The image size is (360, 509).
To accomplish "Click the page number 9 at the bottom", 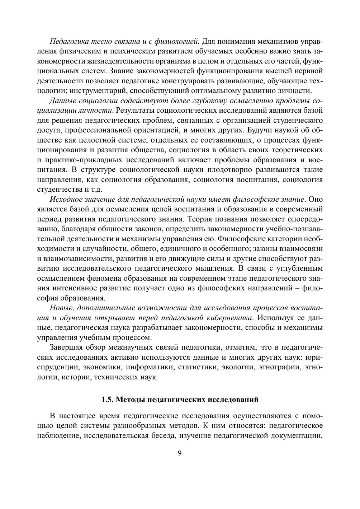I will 180,453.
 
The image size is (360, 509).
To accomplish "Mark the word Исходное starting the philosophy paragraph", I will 64,199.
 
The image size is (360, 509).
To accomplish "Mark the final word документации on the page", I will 297,436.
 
